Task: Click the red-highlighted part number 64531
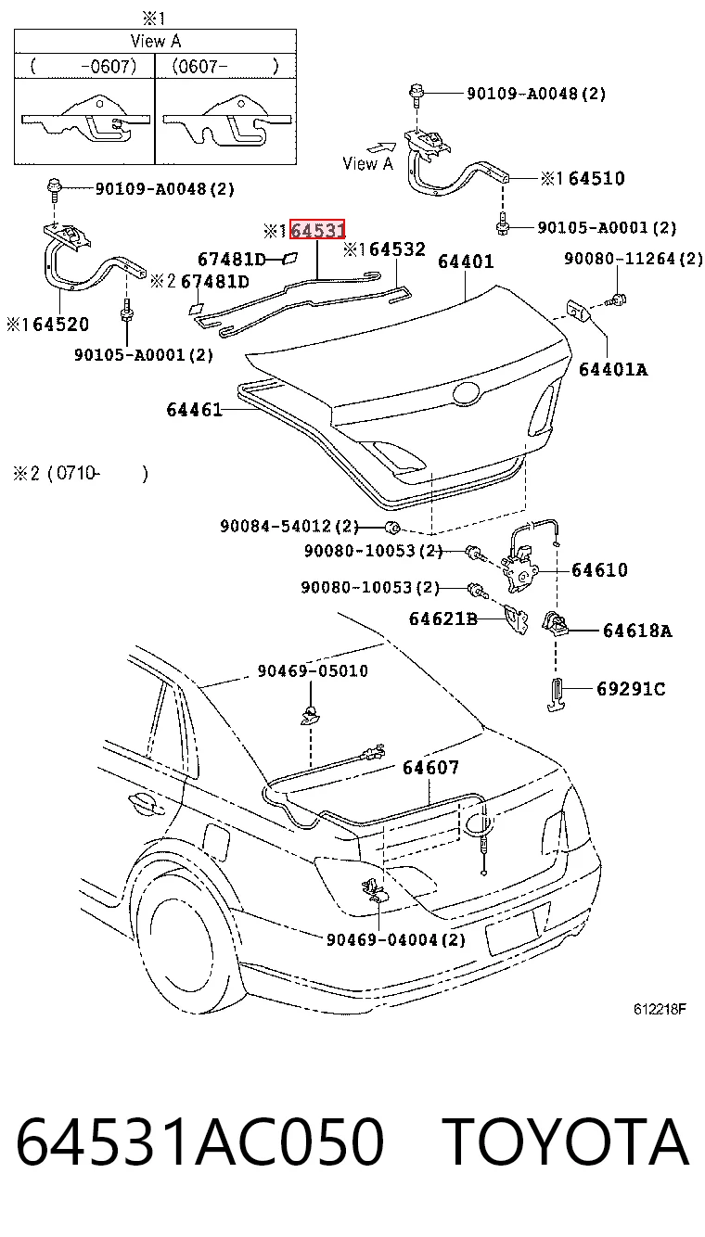tap(317, 230)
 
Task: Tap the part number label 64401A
tap(613, 369)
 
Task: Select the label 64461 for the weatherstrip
tap(194, 409)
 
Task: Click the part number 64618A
tap(637, 631)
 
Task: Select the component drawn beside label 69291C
tap(556, 695)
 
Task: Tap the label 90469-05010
tap(313, 670)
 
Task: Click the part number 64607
tap(430, 767)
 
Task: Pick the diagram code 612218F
tap(660, 1009)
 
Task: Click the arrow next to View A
tap(383, 147)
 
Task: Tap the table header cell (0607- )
tap(225, 66)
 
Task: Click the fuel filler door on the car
tap(216, 842)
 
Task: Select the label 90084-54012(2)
tap(289, 526)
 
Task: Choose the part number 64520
tap(61, 325)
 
